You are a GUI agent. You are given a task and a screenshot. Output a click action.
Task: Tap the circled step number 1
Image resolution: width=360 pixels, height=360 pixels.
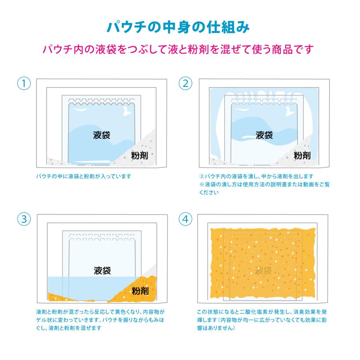[24, 84]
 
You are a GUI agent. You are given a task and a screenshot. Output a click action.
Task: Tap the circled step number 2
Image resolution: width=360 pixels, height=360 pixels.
[185, 84]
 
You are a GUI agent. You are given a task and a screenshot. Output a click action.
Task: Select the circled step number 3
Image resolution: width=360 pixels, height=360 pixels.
[24, 219]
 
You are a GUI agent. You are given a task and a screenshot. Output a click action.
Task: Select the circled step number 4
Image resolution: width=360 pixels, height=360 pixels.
[185, 219]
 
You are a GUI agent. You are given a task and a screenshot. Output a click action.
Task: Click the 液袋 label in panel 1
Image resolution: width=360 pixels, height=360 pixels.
[102, 135]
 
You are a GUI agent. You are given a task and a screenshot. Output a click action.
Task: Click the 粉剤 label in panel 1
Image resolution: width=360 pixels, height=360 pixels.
[140, 155]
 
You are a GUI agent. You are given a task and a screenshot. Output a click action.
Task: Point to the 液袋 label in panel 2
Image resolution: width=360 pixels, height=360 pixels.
[264, 135]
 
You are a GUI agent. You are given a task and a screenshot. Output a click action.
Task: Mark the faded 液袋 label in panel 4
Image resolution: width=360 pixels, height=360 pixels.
[264, 270]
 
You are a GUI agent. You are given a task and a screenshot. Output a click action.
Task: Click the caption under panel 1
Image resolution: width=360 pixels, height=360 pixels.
[83, 176]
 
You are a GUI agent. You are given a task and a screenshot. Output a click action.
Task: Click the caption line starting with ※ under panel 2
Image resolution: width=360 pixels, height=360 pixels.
[264, 184]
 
